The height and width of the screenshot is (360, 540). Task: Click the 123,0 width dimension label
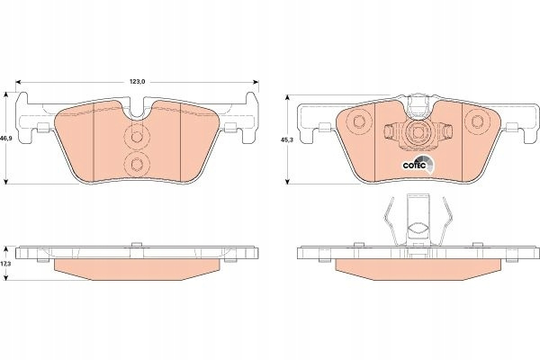pos(137,82)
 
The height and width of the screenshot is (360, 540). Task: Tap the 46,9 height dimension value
pos(4,138)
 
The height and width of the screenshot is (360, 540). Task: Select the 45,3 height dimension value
pos(285,139)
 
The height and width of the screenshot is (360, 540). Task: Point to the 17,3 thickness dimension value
pos(4,263)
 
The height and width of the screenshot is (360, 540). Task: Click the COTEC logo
pos(418,164)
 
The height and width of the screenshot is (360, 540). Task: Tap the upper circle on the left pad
pos(137,137)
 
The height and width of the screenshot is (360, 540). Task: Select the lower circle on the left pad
pos(137,164)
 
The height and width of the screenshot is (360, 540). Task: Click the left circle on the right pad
pos(359,121)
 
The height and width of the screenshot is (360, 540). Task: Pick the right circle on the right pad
pos(477,121)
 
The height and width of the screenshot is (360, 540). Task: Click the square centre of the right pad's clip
pos(418,132)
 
